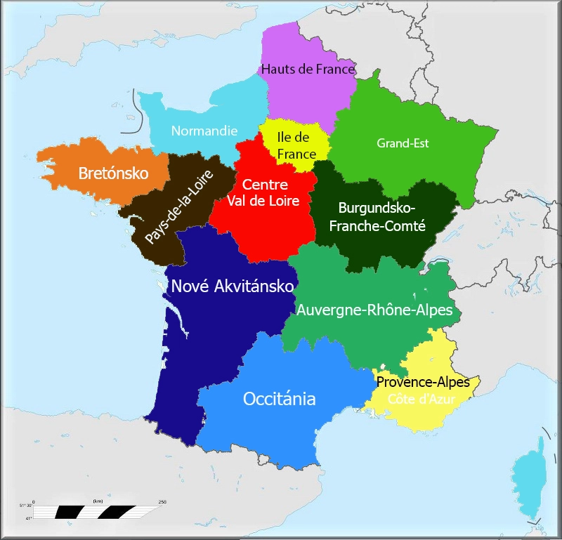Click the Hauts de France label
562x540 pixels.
(308, 69)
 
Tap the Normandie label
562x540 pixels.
(204, 131)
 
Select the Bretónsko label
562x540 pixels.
(113, 173)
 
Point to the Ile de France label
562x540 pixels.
(294, 145)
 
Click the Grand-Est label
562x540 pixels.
(403, 143)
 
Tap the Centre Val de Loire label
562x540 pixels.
(266, 192)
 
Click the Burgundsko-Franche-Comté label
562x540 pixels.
(377, 216)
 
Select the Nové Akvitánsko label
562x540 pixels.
(233, 286)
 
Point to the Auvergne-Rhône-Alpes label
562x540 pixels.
(374, 310)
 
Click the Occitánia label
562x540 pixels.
(279, 399)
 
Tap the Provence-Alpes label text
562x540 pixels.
(423, 382)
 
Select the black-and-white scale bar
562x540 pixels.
(98, 512)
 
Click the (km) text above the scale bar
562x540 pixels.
(98, 501)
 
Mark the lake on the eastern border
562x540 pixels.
(440, 265)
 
